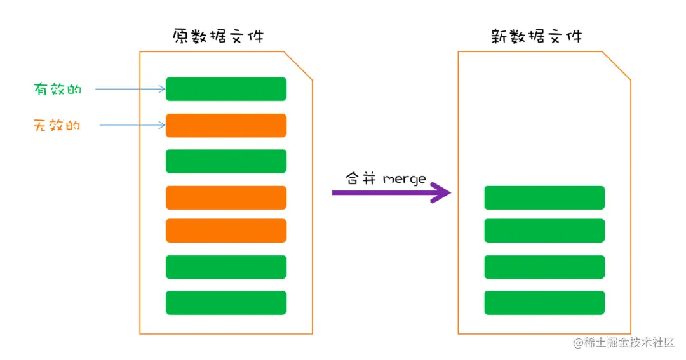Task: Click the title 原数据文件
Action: point(218,36)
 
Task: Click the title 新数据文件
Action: point(536,36)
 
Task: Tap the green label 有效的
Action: point(58,90)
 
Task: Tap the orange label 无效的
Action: point(58,125)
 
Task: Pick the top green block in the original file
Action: point(226,89)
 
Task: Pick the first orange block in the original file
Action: point(226,125)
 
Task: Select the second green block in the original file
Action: point(226,161)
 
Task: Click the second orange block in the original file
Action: point(226,197)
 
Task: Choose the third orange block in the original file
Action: point(226,230)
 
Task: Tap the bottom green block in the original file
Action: point(226,303)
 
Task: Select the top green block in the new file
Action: point(544,197)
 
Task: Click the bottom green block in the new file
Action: point(544,303)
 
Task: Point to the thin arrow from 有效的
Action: point(130,90)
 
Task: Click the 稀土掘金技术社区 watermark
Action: point(623,343)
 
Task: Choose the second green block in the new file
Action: point(544,230)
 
